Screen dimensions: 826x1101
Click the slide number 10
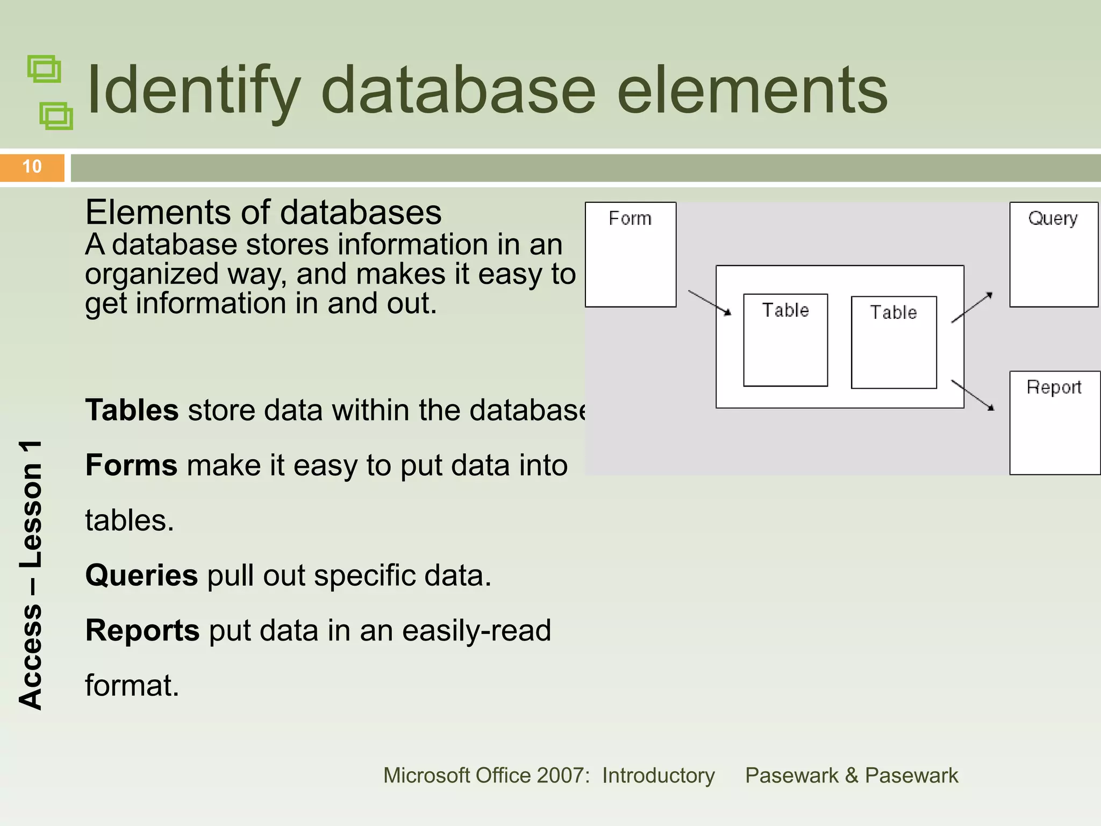[x=32, y=167]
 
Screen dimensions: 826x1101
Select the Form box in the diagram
[x=631, y=254]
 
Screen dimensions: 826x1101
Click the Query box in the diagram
[x=1054, y=254]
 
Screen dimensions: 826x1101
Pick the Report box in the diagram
[x=1055, y=423]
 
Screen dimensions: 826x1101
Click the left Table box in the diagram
[x=785, y=340]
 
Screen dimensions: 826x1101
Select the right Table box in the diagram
[x=893, y=342]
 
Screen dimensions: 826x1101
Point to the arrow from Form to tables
[x=710, y=303]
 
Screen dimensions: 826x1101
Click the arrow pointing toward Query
[x=972, y=308]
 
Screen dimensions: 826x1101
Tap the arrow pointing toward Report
[x=973, y=395]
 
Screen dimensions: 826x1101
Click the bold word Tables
[x=132, y=410]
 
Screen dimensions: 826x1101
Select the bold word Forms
[x=132, y=465]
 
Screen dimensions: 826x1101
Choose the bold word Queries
[x=142, y=575]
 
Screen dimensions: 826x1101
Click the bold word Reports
[x=142, y=630]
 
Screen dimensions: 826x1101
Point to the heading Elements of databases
[x=263, y=212]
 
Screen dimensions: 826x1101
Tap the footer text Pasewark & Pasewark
[x=852, y=775]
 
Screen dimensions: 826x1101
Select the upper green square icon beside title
[x=44, y=69]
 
